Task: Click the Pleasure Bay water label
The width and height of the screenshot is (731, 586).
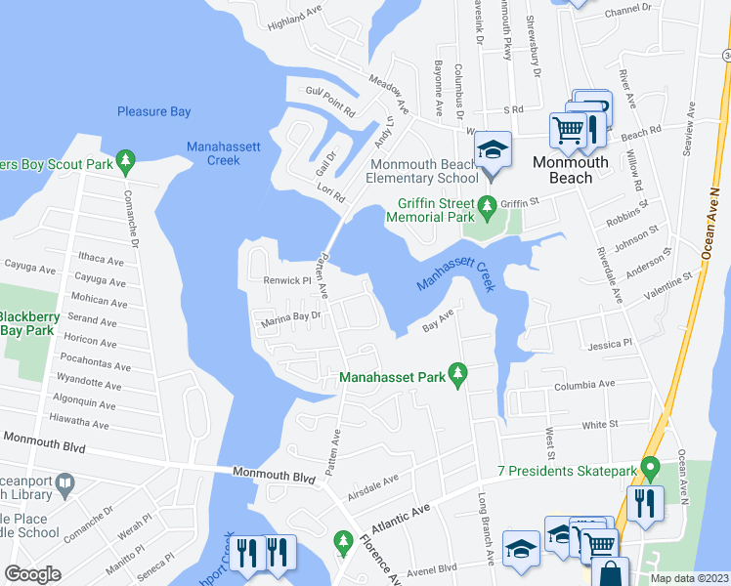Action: coord(153,112)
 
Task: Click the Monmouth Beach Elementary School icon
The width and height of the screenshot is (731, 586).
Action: coord(493,149)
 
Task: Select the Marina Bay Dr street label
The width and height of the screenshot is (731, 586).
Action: coord(289,316)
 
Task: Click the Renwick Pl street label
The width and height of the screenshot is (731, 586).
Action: coord(285,279)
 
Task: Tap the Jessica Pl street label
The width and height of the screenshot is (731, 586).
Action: coord(610,345)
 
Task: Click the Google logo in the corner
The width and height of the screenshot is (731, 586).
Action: coord(33,574)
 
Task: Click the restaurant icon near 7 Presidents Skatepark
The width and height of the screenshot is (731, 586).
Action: coord(645,503)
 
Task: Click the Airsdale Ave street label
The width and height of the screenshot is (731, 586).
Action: coord(374,481)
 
